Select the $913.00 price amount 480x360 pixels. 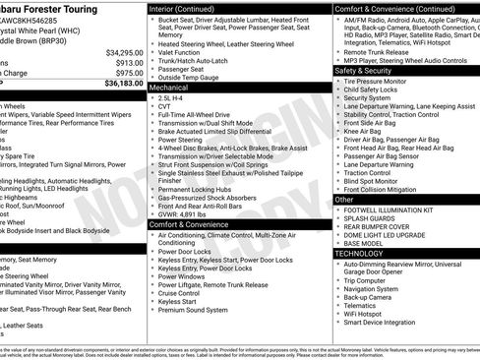[127, 62]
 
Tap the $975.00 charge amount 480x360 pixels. [127, 73]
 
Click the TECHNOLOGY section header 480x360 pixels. [359, 253]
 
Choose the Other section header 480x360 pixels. [345, 199]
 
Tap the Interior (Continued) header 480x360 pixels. [188, 8]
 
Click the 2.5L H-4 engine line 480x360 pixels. [171, 98]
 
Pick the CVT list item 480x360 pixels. [165, 107]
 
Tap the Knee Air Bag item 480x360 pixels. [364, 130]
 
